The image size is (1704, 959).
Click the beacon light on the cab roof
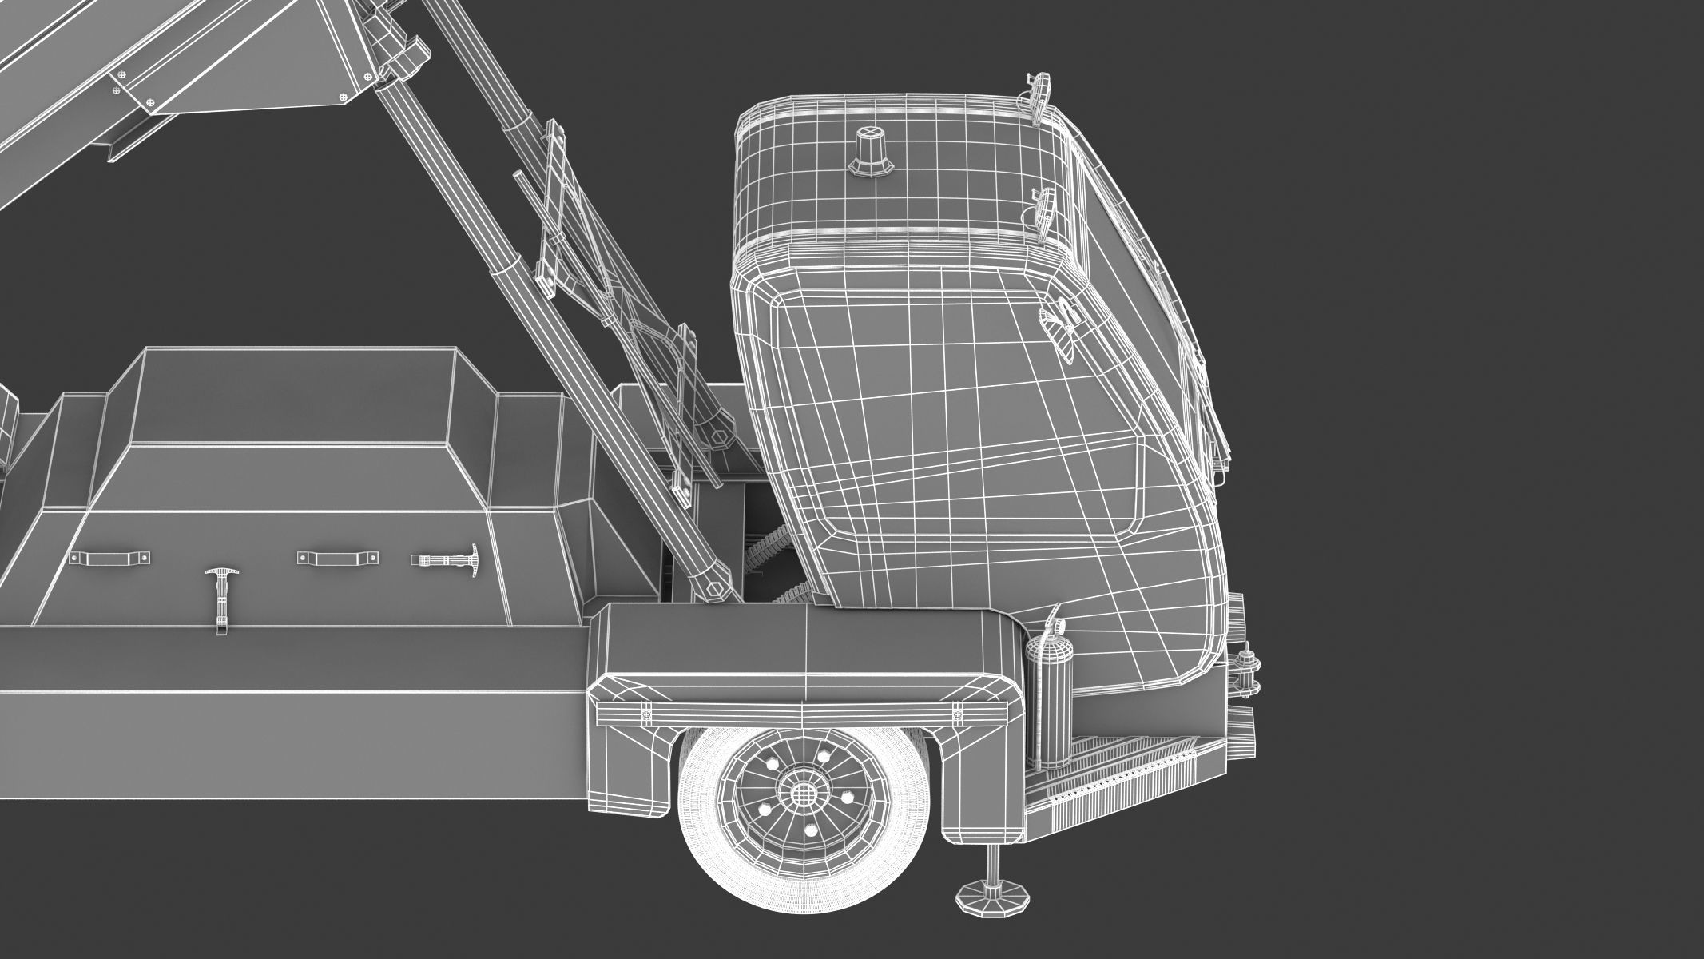pos(868,152)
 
